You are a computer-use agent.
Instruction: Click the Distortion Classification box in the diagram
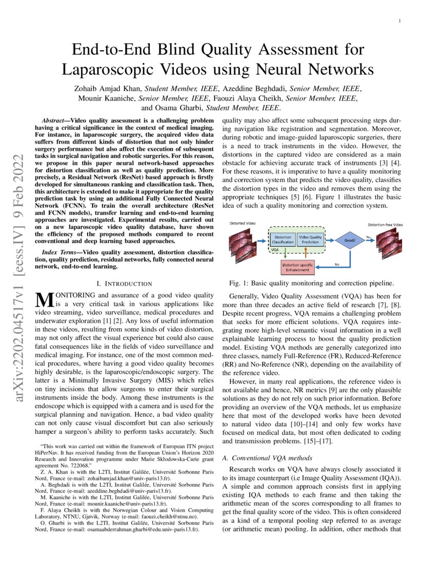(283, 239)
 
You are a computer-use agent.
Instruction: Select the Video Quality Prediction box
(310, 239)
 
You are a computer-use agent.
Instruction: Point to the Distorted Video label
(243, 224)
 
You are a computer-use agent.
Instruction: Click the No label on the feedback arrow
(337, 265)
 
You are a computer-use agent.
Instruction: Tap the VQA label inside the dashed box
(275, 249)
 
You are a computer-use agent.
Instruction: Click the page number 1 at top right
(399, 21)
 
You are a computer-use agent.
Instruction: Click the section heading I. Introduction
(124, 284)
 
